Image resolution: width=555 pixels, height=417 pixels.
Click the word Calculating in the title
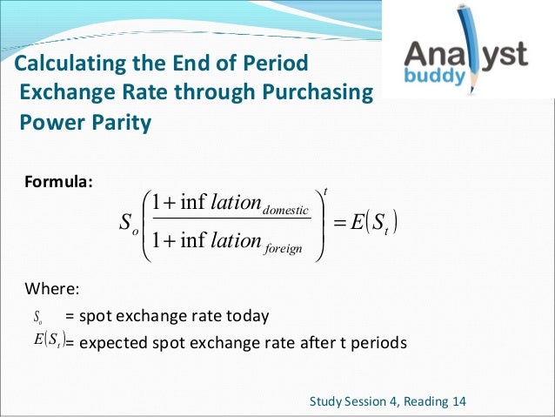coord(64,64)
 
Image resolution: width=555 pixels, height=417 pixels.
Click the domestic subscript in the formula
coord(286,211)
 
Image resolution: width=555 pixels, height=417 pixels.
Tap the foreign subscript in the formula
coord(278,250)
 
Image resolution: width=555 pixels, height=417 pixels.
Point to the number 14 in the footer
coord(458,401)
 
